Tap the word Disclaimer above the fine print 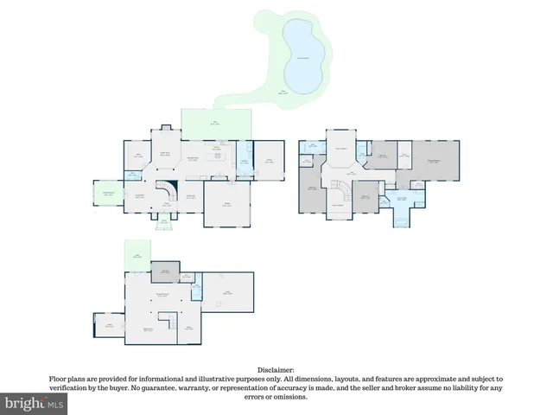click(276, 369)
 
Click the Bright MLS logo click(34, 404)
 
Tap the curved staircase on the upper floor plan click(344, 187)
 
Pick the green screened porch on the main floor click(109, 194)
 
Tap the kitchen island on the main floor click(215, 160)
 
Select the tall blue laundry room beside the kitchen click(245, 161)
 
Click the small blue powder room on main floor click(131, 176)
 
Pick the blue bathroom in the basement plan click(196, 283)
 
